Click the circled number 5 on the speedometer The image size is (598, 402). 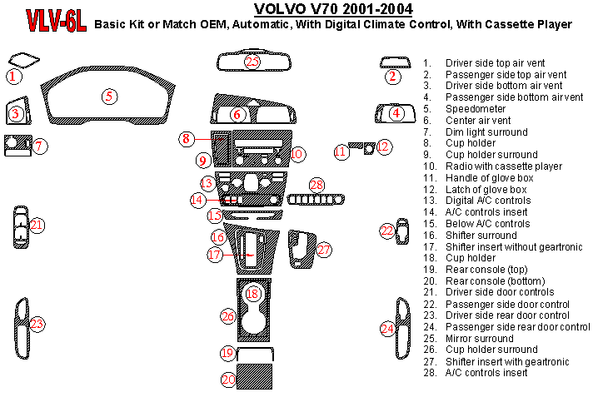[109, 96]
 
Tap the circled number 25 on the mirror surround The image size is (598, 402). [252, 62]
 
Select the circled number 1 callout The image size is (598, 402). [13, 77]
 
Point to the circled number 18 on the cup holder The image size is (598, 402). [253, 293]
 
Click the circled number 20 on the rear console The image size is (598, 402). [228, 380]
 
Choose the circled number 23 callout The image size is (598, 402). [37, 323]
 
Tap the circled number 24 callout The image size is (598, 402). [387, 328]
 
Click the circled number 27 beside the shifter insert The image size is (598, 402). [324, 249]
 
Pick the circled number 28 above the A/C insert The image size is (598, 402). [316, 185]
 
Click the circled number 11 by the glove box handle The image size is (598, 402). [340, 151]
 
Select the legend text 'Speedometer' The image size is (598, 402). [475, 108]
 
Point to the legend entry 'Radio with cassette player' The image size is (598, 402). [503, 166]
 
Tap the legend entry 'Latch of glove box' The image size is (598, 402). [486, 189]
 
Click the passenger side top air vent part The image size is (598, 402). [395, 62]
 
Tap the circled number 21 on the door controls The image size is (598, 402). [37, 225]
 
